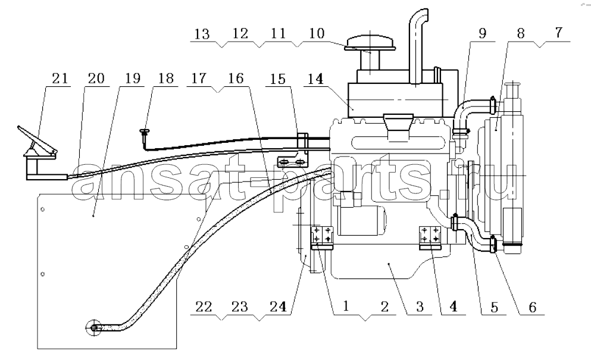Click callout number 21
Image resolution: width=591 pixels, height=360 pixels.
coord(60,79)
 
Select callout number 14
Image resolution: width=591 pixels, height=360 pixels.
coord(315,79)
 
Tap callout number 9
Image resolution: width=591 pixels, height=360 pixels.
coord(483,33)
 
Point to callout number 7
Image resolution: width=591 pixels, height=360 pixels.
coord(558,33)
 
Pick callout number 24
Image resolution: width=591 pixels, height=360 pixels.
coord(278,306)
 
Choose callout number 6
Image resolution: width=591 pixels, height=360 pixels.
coord(532,307)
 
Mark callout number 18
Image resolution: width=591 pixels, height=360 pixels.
coord(166,79)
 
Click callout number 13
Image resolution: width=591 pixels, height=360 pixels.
coord(202,34)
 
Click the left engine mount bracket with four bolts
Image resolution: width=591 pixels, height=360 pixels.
coord(322,237)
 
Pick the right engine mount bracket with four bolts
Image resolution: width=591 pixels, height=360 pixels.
coord(430,237)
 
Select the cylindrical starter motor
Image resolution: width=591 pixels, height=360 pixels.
coord(362,222)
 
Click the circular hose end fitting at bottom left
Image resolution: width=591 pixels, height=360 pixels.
coord(93,328)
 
